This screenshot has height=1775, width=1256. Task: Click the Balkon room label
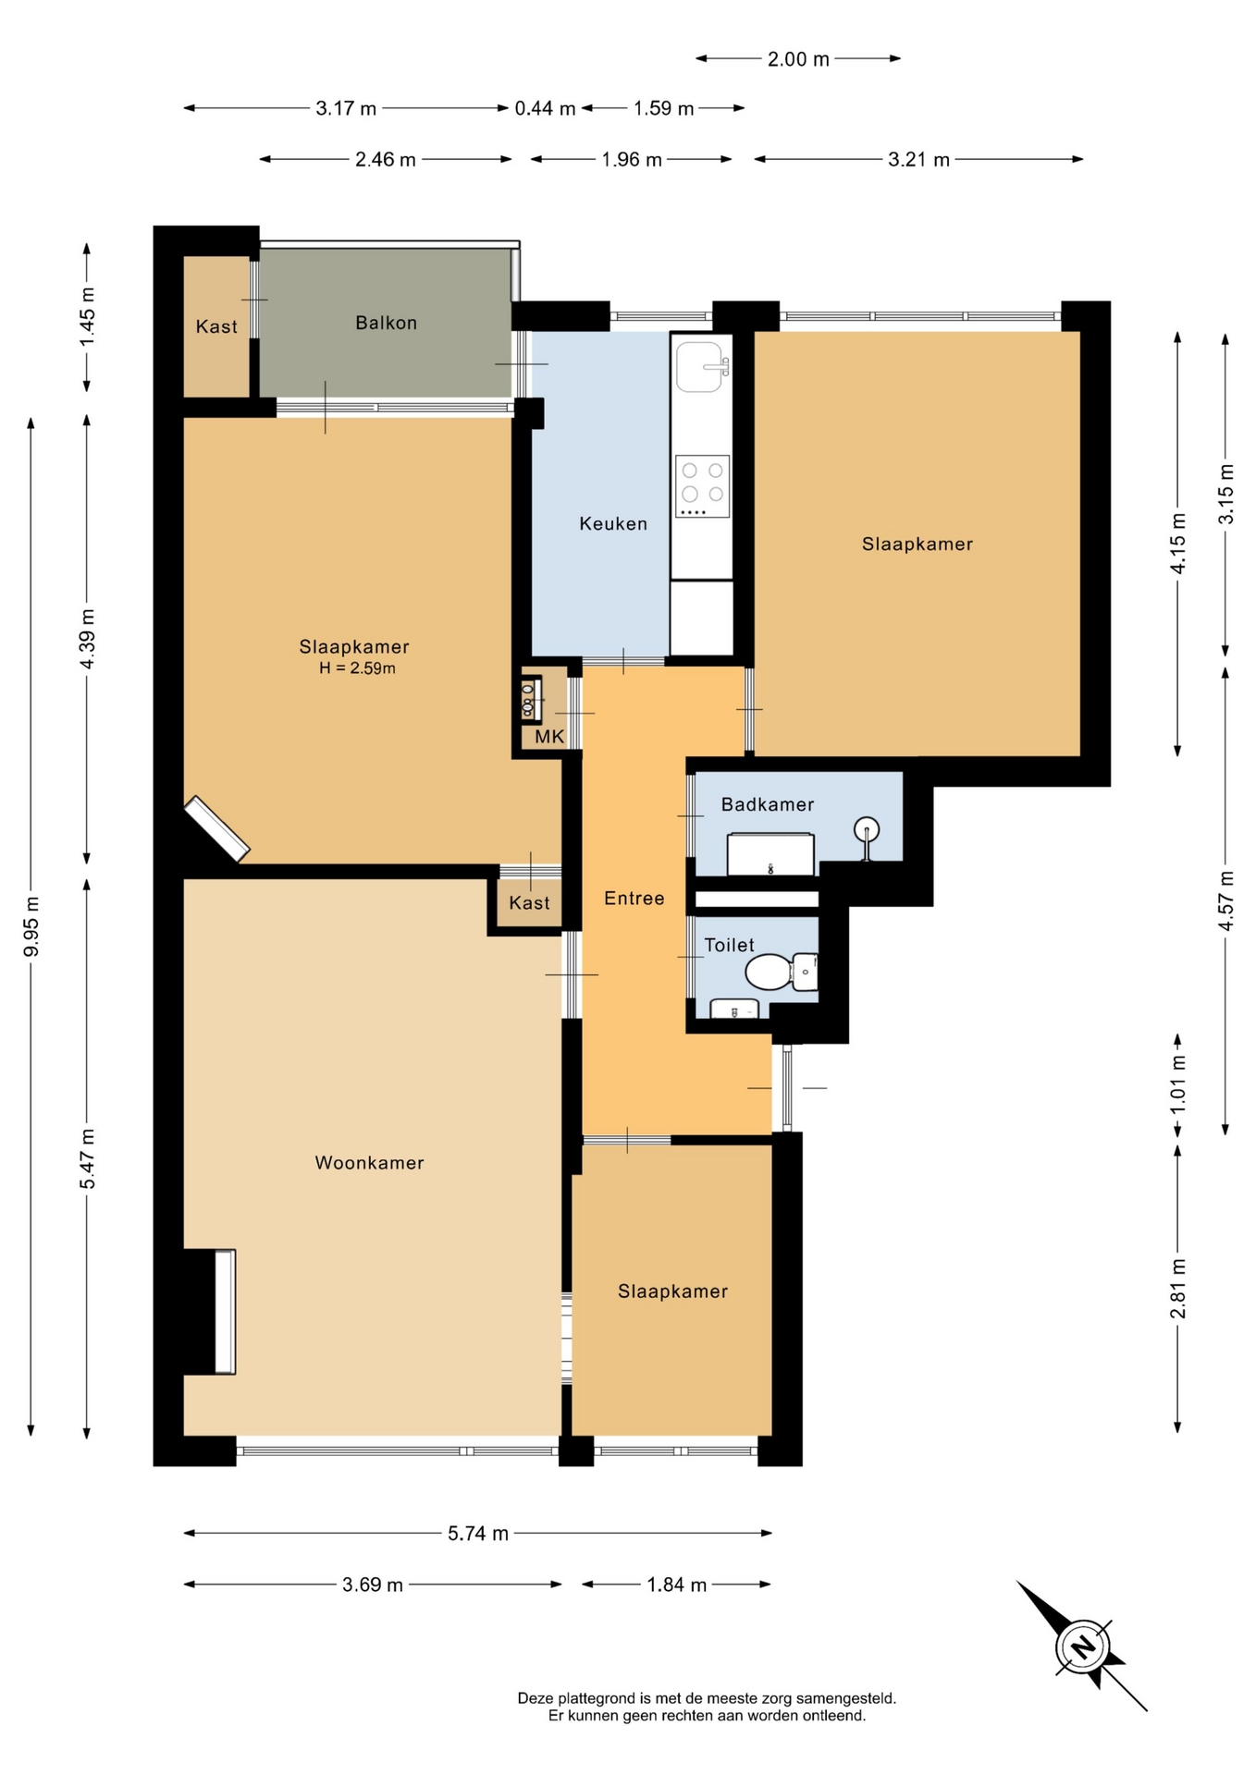point(386,323)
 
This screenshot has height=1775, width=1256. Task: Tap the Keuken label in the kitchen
point(613,523)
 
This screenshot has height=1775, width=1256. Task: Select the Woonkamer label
point(369,1162)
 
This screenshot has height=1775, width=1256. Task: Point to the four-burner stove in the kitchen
point(702,486)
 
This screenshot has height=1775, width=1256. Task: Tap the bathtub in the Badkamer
point(770,854)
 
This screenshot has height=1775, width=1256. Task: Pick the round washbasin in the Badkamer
point(867,831)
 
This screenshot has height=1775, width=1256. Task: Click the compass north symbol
point(1082,1646)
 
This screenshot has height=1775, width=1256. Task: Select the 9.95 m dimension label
point(31,927)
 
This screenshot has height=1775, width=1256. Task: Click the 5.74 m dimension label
point(478,1534)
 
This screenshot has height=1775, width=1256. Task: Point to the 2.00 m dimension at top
point(798,59)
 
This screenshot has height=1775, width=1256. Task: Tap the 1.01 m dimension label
point(1177,1085)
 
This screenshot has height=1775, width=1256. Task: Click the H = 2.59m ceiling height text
point(357,668)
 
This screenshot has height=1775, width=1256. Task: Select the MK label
point(549,737)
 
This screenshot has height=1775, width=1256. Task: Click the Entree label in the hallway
point(634,898)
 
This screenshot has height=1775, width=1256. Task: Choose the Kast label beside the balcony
point(216,326)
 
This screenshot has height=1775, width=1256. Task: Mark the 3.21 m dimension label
point(918,159)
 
